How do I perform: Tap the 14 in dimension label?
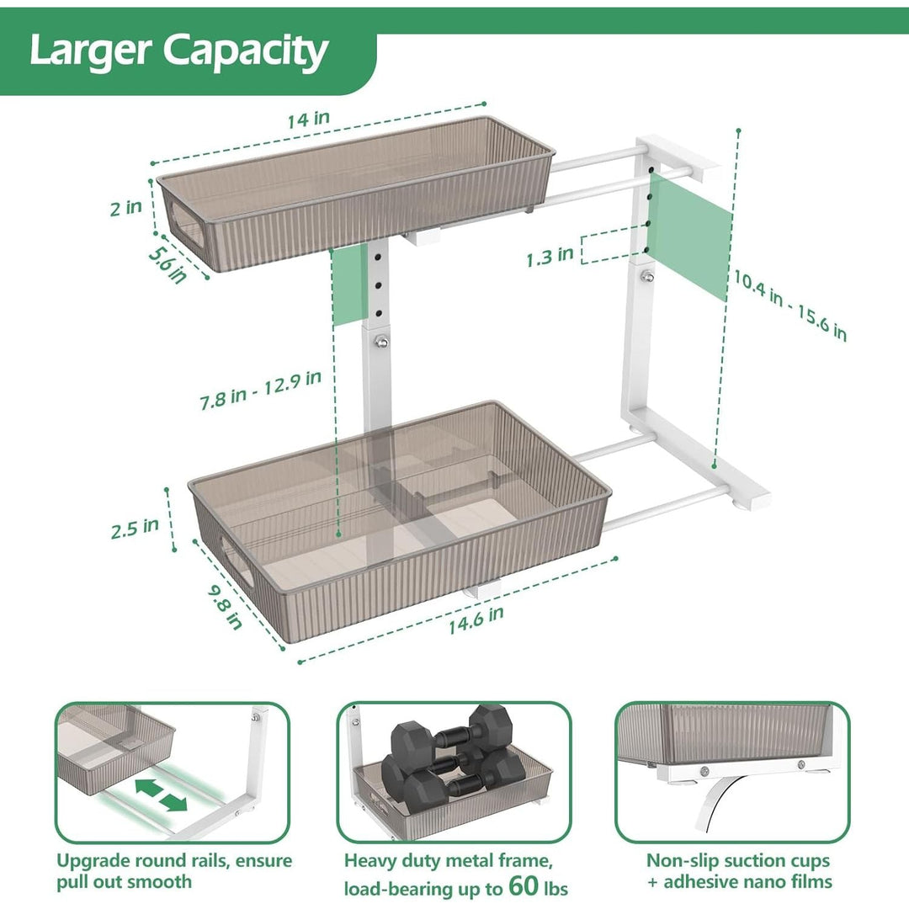pos(308,119)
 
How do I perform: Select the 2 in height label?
pos(125,207)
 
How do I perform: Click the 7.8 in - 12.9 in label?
pos(260,390)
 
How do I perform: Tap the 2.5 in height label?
pos(134,528)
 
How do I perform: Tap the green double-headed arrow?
pos(161,795)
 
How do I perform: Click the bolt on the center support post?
pos(381,341)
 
